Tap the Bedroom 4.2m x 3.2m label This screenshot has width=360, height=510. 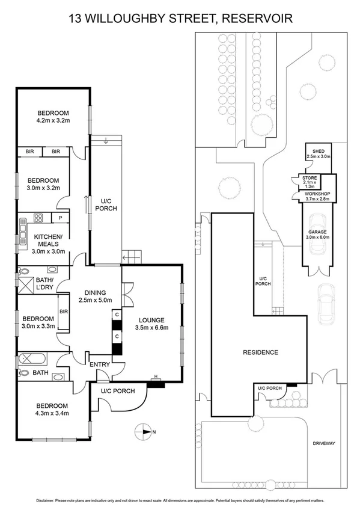(x=53, y=117)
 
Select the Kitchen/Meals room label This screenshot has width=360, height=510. (x=46, y=241)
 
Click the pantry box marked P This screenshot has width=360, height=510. (x=61, y=218)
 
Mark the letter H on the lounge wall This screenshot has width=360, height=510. (x=155, y=377)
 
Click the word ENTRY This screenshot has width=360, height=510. (x=99, y=364)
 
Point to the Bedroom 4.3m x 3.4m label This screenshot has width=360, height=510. (x=52, y=410)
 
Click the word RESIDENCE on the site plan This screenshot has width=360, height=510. (x=261, y=352)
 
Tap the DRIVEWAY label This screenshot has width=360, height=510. (x=324, y=443)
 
